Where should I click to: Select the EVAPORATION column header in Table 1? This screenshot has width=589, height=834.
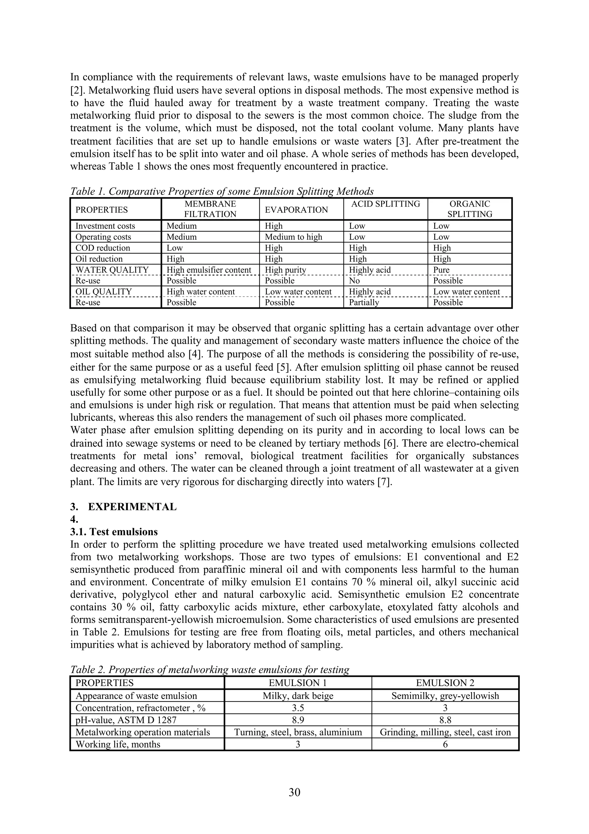click(x=296, y=210)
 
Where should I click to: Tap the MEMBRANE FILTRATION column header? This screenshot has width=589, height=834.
click(x=210, y=209)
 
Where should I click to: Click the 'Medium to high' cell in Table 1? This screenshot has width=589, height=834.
click(x=293, y=237)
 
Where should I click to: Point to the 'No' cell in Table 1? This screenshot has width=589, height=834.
click(x=354, y=280)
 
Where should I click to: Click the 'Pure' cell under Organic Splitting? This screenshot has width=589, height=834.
click(x=441, y=270)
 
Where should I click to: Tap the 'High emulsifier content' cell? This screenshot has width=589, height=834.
click(x=209, y=270)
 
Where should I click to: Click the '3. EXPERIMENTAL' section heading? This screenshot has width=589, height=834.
click(x=123, y=507)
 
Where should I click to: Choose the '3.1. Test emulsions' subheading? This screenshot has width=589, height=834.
click(x=114, y=532)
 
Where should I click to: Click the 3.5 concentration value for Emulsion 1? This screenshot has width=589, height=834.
click(x=298, y=708)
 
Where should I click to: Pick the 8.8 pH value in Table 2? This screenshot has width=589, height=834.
click(x=445, y=720)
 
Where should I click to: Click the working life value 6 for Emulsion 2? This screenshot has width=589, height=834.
click(x=445, y=745)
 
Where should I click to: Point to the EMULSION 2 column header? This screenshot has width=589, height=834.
click(x=445, y=683)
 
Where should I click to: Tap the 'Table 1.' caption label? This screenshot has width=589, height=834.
click(x=86, y=191)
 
